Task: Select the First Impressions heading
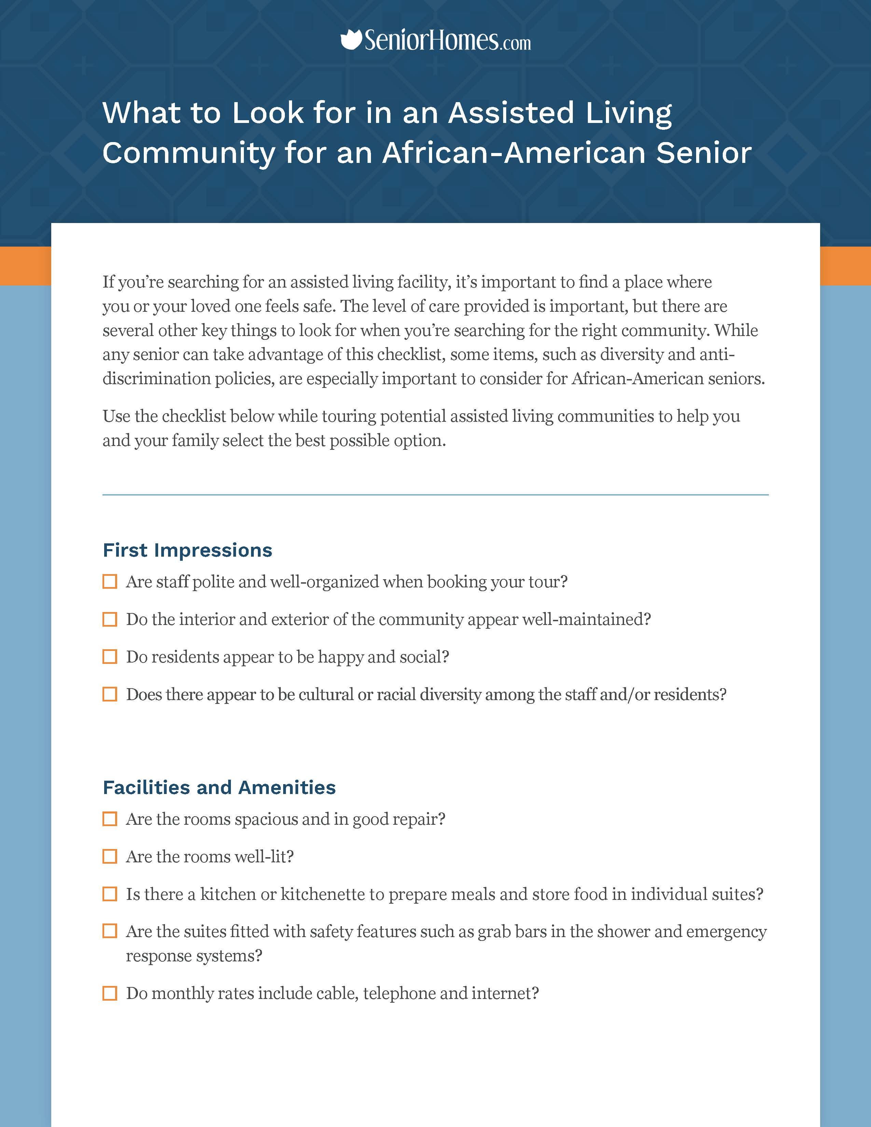click(x=187, y=550)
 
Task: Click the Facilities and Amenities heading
click(x=219, y=788)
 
